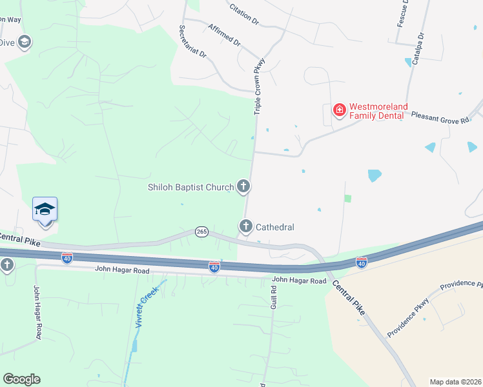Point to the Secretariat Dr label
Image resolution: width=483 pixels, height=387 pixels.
[192, 42]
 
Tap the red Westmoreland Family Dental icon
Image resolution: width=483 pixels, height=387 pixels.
[338, 111]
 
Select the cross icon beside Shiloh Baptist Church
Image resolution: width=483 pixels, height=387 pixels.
[243, 187]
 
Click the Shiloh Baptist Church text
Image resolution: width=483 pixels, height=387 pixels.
[190, 188]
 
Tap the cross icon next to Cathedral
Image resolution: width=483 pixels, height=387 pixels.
[245, 226]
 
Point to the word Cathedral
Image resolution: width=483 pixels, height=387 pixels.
[275, 227]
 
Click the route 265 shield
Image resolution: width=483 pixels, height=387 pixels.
[201, 232]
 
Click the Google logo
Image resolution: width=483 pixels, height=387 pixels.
[21, 379]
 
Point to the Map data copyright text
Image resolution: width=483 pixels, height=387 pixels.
[455, 381]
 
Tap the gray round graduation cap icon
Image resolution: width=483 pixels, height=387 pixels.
[25, 43]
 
